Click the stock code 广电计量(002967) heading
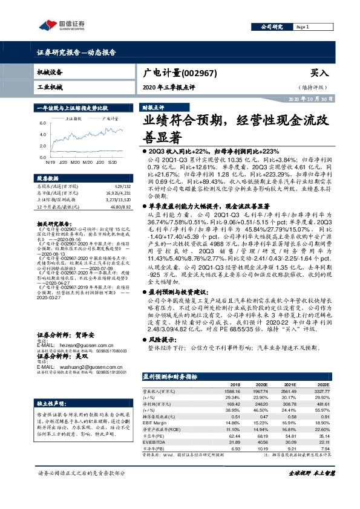click(x=177, y=73)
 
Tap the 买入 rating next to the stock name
click(x=318, y=73)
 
